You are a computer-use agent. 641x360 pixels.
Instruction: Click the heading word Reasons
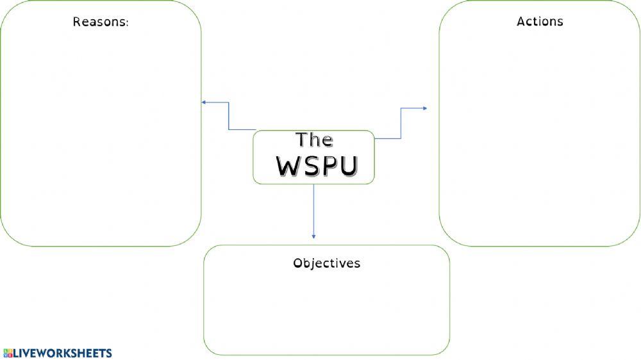click(x=99, y=22)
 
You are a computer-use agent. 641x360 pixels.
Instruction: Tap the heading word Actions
click(x=540, y=21)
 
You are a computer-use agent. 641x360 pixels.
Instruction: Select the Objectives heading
click(x=326, y=263)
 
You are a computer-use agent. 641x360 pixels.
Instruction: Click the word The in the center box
click(x=314, y=140)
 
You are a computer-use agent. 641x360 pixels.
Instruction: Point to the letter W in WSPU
click(x=288, y=167)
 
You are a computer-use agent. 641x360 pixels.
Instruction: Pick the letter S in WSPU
click(x=310, y=167)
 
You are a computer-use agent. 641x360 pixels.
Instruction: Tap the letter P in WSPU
click(x=328, y=167)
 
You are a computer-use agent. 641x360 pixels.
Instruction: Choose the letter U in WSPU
click(x=347, y=167)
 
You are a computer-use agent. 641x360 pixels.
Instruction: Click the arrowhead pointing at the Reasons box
click(x=204, y=102)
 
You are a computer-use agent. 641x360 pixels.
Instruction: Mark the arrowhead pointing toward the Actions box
click(x=424, y=108)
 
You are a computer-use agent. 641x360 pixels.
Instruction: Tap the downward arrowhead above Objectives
click(x=313, y=236)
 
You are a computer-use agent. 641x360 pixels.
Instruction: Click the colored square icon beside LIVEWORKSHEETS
click(x=8, y=353)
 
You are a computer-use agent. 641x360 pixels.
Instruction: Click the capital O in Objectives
click(x=297, y=263)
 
